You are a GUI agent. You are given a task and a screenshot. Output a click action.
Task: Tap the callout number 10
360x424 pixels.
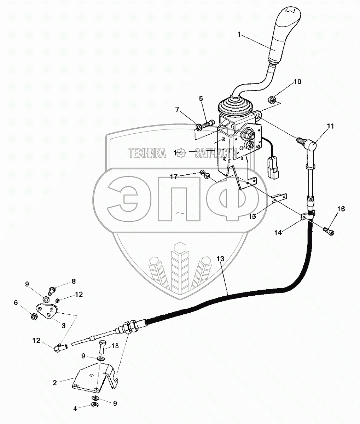point(297,82)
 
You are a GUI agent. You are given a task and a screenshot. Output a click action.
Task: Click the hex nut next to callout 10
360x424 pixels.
point(273,100)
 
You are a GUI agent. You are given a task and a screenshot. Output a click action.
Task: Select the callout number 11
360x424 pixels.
point(330,126)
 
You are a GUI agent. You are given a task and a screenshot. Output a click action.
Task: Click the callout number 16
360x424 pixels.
point(341,209)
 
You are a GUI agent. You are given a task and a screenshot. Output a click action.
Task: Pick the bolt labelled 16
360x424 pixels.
point(329,231)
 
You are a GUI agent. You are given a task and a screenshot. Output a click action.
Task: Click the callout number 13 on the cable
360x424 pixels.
point(220,259)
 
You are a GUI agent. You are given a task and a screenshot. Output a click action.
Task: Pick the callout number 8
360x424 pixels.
point(74,281)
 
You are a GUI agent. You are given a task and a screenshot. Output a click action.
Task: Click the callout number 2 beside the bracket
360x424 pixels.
point(55,382)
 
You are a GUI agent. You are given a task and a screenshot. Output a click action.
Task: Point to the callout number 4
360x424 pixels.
point(75,409)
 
